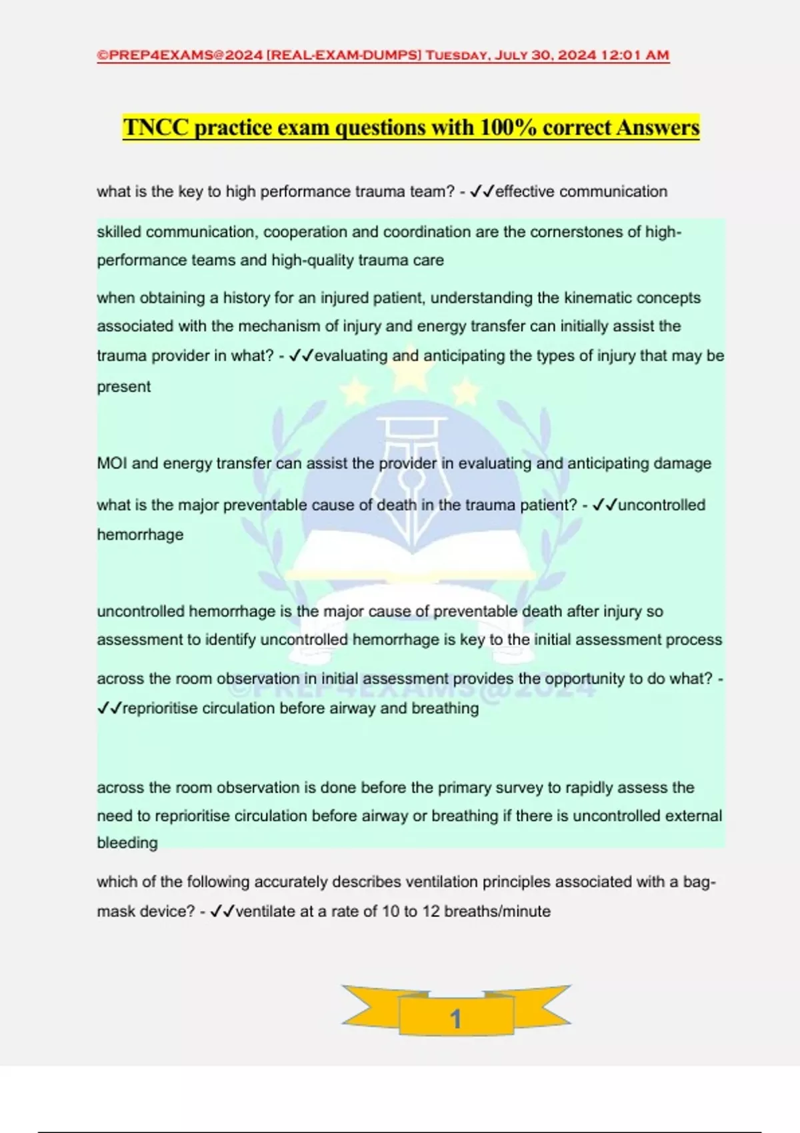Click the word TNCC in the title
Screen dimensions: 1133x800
[156, 127]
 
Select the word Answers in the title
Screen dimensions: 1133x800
[657, 127]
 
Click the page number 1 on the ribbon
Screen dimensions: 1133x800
[456, 1018]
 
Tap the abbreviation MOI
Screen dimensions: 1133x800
[112, 463]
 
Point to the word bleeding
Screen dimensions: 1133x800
[127, 843]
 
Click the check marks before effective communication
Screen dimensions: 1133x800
[482, 192]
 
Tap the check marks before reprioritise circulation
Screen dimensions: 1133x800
[109, 708]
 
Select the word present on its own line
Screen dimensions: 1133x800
[124, 387]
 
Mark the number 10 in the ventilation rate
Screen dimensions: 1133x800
[391, 911]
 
